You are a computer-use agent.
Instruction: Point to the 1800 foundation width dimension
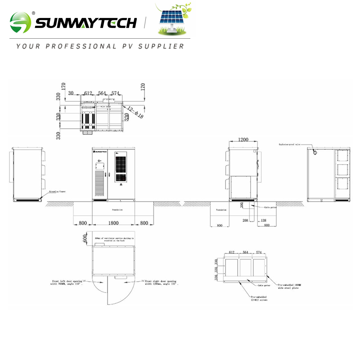point(113,223)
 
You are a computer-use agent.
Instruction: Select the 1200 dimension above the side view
point(243,140)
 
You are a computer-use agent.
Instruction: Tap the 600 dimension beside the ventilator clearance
point(85,238)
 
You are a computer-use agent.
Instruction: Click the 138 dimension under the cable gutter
point(263,221)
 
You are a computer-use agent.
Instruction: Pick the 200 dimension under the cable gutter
point(245,221)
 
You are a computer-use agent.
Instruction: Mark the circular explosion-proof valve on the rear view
point(315,153)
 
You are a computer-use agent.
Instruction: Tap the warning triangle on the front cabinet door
point(120,184)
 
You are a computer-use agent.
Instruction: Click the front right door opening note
point(162,283)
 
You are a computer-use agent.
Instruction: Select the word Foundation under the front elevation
point(117,210)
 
